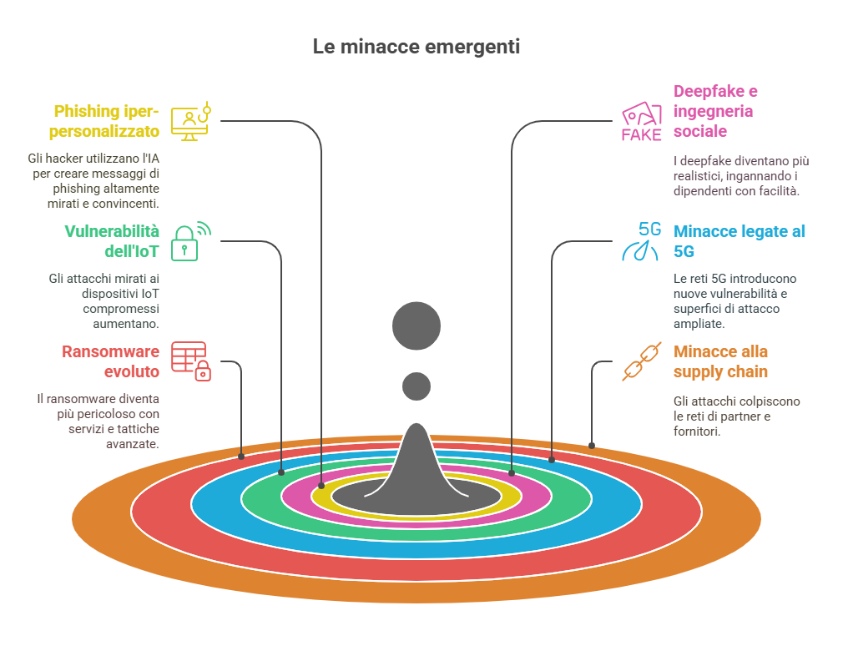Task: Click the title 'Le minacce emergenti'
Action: [416, 47]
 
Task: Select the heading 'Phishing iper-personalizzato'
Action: [104, 121]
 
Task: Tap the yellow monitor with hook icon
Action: [191, 121]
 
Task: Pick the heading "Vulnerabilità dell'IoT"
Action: [112, 241]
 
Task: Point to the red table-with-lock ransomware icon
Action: [191, 361]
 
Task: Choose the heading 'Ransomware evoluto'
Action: [111, 361]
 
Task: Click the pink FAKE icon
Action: [641, 122]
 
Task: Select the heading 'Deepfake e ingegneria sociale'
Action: [715, 111]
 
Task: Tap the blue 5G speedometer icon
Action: [641, 241]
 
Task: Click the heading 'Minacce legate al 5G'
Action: [740, 241]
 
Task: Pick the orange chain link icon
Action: [641, 361]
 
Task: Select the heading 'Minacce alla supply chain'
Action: [720, 361]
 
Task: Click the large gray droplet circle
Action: [416, 326]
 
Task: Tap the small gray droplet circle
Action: [416, 386]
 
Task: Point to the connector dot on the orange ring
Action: [592, 446]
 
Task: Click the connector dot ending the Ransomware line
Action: [241, 457]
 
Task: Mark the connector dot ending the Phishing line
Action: [321, 485]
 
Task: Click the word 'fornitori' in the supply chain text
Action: [696, 431]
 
